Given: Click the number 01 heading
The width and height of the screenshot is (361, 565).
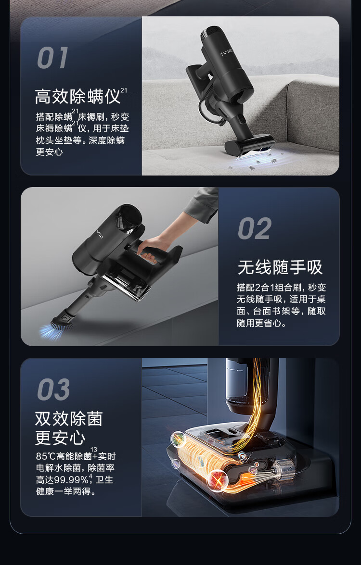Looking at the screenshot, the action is pos(52,58).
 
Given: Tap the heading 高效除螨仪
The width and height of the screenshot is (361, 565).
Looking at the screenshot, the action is pos(77,96).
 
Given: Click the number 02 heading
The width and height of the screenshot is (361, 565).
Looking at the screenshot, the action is pos(255,229).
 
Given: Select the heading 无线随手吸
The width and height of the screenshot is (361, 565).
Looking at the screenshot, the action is pos(280,267).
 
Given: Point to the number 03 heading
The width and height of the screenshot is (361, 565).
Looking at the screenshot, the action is pos(54,389).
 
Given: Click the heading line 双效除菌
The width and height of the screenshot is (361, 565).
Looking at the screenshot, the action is pos(69,419).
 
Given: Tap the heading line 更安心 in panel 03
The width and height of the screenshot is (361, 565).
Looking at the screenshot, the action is pos(60,438).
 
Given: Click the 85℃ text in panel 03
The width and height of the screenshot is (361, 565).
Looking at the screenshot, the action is pos(45,456).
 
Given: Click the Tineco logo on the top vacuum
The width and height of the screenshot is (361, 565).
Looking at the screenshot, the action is pos(228,52).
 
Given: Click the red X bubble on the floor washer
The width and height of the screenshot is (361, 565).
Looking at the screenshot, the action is pos(218,480).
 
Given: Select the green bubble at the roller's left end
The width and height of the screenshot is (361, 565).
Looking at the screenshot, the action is pos(178,439).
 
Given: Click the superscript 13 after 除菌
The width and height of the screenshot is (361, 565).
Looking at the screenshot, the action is pos(94,449).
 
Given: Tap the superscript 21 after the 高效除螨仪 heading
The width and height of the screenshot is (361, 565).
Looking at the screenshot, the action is pos(124,90).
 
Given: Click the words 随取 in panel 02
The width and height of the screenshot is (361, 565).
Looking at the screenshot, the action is pos(317,311).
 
